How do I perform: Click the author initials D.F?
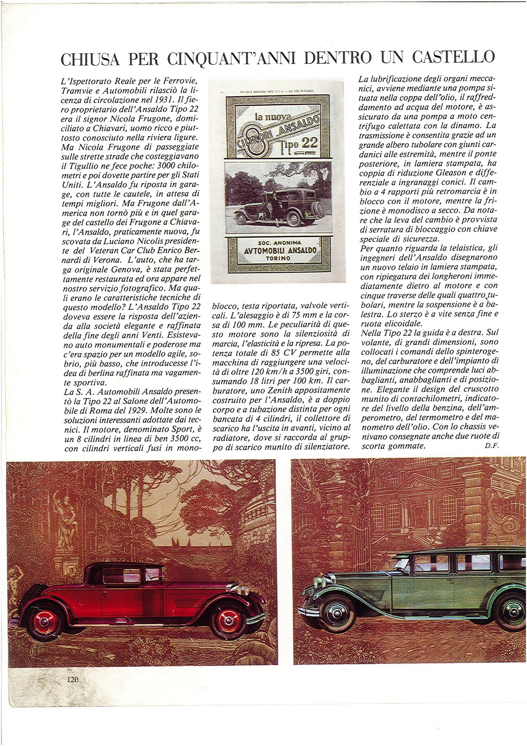coord(491,445)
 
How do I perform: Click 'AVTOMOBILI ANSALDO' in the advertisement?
coord(280,250)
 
